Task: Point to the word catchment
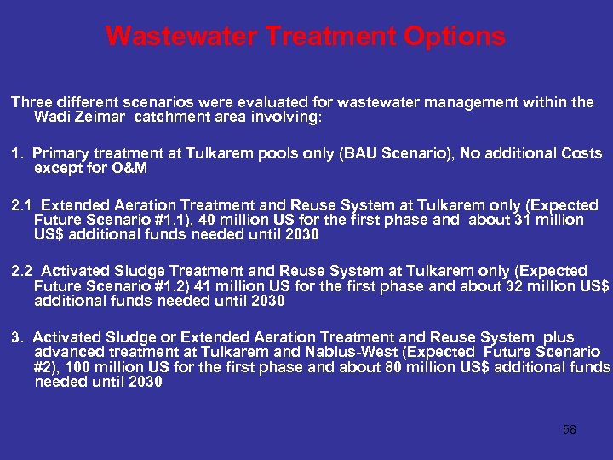point(183,117)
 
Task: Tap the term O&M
point(127,168)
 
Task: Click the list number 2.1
point(22,205)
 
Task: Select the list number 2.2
point(22,271)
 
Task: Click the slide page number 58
point(570,429)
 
